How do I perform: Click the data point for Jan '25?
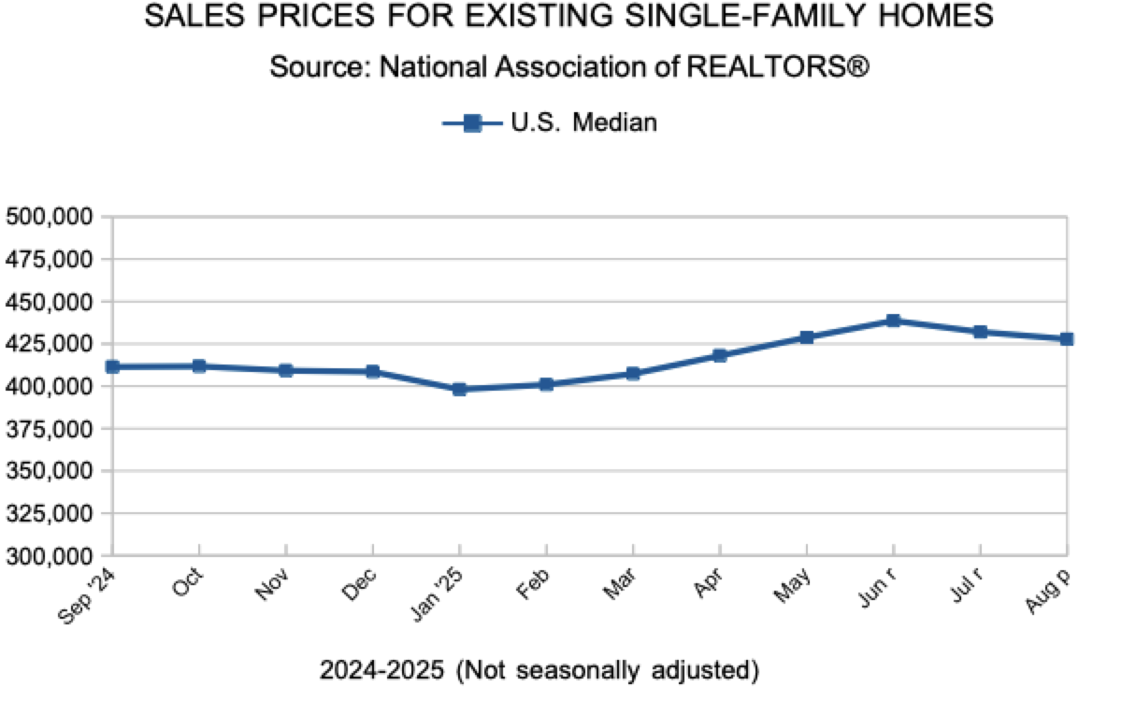pos(459,389)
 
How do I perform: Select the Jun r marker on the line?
pos(893,321)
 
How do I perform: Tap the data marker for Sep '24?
pos(113,366)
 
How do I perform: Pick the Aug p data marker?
pos(1066,339)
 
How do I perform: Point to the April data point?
pos(719,355)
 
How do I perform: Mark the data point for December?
pos(372,371)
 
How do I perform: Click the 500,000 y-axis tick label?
pos(49,217)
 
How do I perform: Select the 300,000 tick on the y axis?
pos(49,556)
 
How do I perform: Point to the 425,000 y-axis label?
pos(49,344)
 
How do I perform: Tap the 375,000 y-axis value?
pos(49,429)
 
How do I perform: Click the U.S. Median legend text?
pos(583,122)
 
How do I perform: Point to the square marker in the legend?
pos(472,122)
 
